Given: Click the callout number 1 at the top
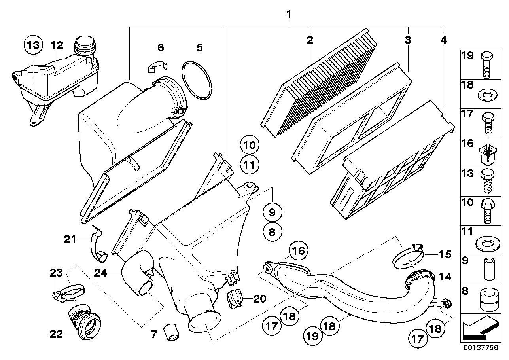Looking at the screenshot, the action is point(289,15).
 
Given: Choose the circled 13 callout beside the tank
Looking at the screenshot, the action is point(33,45).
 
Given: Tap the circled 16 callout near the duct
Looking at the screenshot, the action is point(298,251).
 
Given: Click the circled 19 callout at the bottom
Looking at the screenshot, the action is point(312,336).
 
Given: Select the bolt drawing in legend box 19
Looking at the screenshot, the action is point(486,65).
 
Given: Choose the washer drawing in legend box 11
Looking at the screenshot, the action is point(487,244).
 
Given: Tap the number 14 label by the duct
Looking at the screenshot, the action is point(445,277).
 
